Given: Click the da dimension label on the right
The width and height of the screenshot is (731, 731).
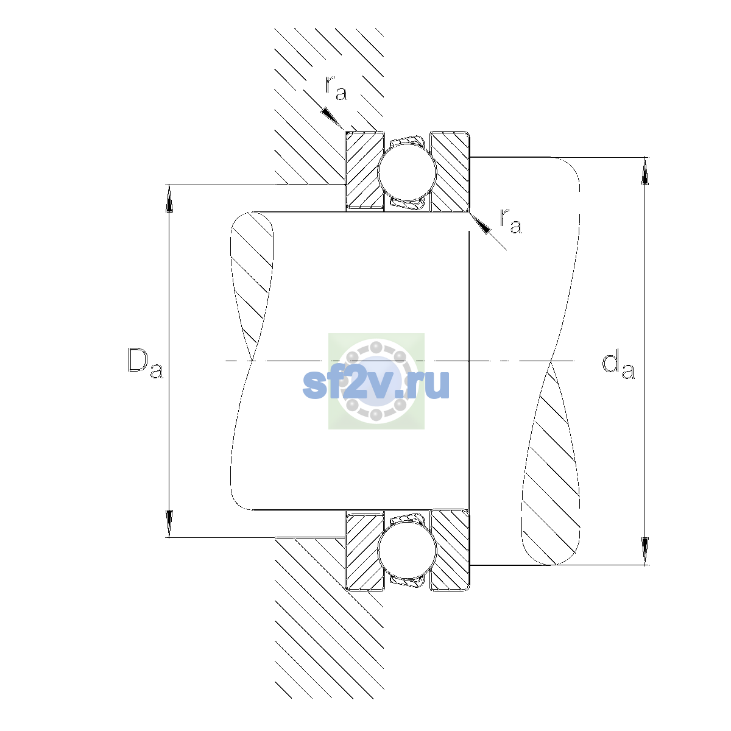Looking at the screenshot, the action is click(618, 366).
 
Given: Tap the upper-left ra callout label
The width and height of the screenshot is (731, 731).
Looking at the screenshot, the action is click(336, 88).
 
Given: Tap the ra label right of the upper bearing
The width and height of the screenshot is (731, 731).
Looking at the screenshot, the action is click(510, 221).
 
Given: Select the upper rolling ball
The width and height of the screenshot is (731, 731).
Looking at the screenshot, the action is click(408, 171).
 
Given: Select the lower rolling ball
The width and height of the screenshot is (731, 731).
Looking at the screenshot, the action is click(408, 550).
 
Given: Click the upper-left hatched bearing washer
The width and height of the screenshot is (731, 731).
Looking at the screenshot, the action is click(364, 171).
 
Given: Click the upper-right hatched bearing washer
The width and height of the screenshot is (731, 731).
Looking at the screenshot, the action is click(450, 171).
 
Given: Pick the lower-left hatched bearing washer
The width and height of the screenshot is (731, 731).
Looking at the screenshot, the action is click(364, 551).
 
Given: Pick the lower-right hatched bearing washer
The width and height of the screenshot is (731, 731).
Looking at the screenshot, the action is click(450, 551).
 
